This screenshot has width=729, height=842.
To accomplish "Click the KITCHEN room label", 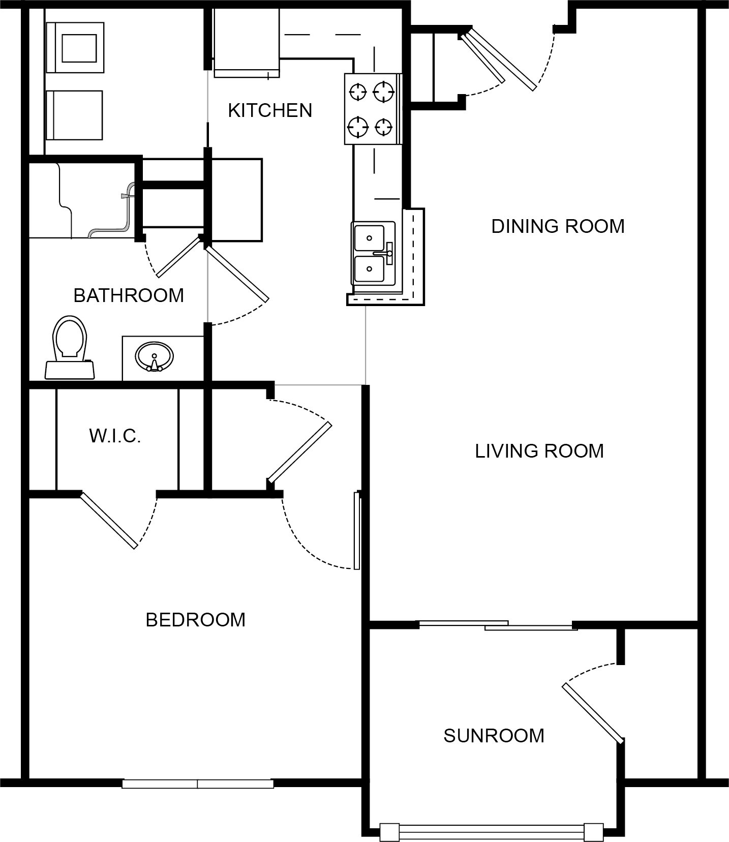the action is point(270,110).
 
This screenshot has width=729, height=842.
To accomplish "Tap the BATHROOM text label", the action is point(129,295).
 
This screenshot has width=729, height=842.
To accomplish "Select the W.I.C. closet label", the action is point(115,436).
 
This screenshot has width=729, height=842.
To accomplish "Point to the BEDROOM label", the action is point(196,620).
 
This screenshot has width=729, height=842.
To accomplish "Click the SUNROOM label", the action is point(494,736).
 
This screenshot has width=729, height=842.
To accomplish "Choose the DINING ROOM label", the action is point(558,226).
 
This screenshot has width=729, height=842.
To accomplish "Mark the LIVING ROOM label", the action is point(539,451).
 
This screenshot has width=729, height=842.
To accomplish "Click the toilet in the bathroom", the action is point(70,348).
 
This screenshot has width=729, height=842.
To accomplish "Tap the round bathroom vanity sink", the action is point(154,356).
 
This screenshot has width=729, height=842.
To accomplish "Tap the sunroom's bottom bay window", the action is point(492,832).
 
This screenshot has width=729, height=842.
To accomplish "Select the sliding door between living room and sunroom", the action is point(497,625).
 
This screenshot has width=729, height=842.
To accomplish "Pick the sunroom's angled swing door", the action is point(593,712).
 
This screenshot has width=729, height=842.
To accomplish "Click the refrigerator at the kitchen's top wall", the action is point(247,43).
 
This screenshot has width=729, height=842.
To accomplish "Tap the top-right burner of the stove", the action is point(384,92).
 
